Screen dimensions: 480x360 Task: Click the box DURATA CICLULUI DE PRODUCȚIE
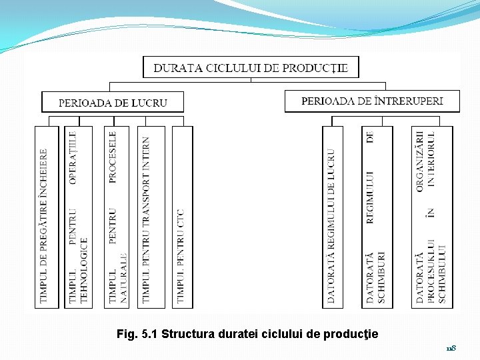tap(251, 67)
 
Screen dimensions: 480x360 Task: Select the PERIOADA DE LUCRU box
tap(113, 103)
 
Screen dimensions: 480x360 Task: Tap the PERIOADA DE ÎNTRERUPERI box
tap(372, 101)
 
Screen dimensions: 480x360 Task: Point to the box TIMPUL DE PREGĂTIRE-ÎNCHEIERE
tap(45, 217)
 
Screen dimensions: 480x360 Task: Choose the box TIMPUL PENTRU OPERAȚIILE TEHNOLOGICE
tap(79, 217)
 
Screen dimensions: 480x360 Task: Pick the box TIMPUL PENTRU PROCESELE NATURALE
tap(117, 217)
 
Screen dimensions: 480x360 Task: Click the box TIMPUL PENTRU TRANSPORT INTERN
tap(147, 217)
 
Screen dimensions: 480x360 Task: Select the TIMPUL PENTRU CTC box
tap(181, 217)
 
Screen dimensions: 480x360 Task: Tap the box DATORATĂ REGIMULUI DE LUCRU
tap(332, 217)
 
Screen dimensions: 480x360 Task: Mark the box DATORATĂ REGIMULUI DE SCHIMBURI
tap(377, 217)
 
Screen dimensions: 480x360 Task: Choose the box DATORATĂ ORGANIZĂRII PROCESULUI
tap(431, 217)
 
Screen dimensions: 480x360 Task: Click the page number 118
tap(451, 348)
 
